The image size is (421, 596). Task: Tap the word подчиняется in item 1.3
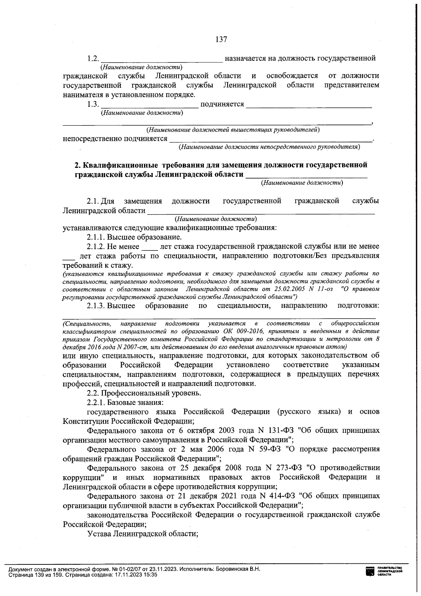coord(222,104)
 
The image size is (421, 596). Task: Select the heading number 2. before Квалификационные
coord(78,165)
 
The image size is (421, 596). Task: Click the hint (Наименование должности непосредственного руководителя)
coord(269,147)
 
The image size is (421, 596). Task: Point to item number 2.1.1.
coord(96,237)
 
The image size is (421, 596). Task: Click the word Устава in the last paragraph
coord(99,534)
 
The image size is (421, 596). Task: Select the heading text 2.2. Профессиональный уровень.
coord(144,393)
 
